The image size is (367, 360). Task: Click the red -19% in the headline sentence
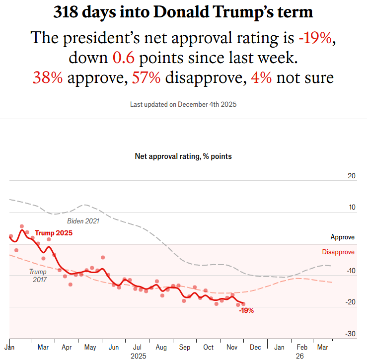pos(316,38)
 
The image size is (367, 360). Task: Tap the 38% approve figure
pos(48,77)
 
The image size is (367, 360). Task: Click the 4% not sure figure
pos(261,77)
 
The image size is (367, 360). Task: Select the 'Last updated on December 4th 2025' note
pos(183,104)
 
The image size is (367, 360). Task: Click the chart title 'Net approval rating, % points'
pos(183,156)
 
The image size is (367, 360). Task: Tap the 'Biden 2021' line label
pos(83,221)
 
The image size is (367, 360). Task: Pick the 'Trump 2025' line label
pos(54,233)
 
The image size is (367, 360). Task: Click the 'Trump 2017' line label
pos(38,276)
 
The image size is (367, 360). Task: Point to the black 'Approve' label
pos(343,237)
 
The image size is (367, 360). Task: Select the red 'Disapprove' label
pos(338,252)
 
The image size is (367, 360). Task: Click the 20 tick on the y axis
pos(352,176)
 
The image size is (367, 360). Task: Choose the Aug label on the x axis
pos(161,348)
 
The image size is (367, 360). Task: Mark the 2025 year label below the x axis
pos(138,356)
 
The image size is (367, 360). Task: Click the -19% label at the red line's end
pos(246,310)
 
